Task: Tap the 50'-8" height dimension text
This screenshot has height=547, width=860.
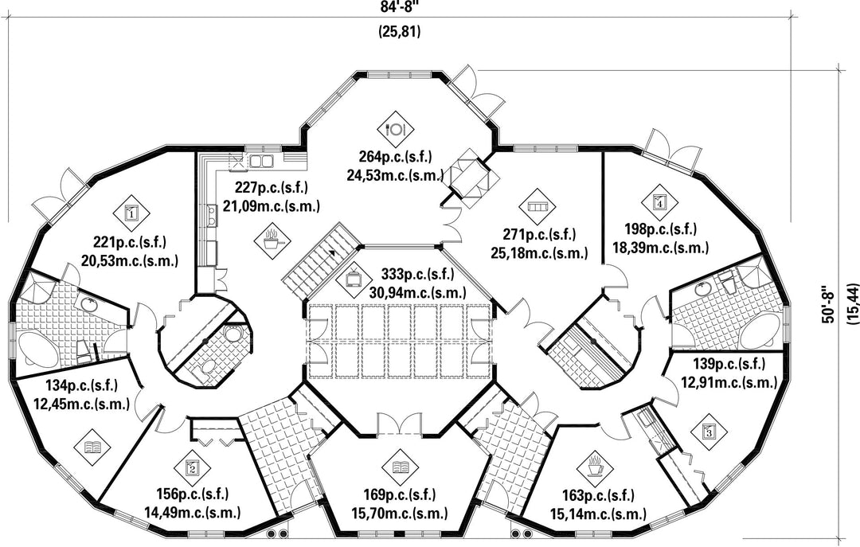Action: pos(830,304)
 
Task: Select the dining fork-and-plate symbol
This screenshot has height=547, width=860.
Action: pos(396,127)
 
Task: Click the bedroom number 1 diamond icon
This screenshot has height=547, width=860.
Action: pos(131,213)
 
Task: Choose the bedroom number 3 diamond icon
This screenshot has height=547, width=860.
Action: pos(709,432)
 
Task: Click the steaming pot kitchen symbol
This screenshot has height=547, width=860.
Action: pos(272,237)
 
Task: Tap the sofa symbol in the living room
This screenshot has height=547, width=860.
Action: pos(537,206)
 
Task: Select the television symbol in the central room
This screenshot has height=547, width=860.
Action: pos(353,280)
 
